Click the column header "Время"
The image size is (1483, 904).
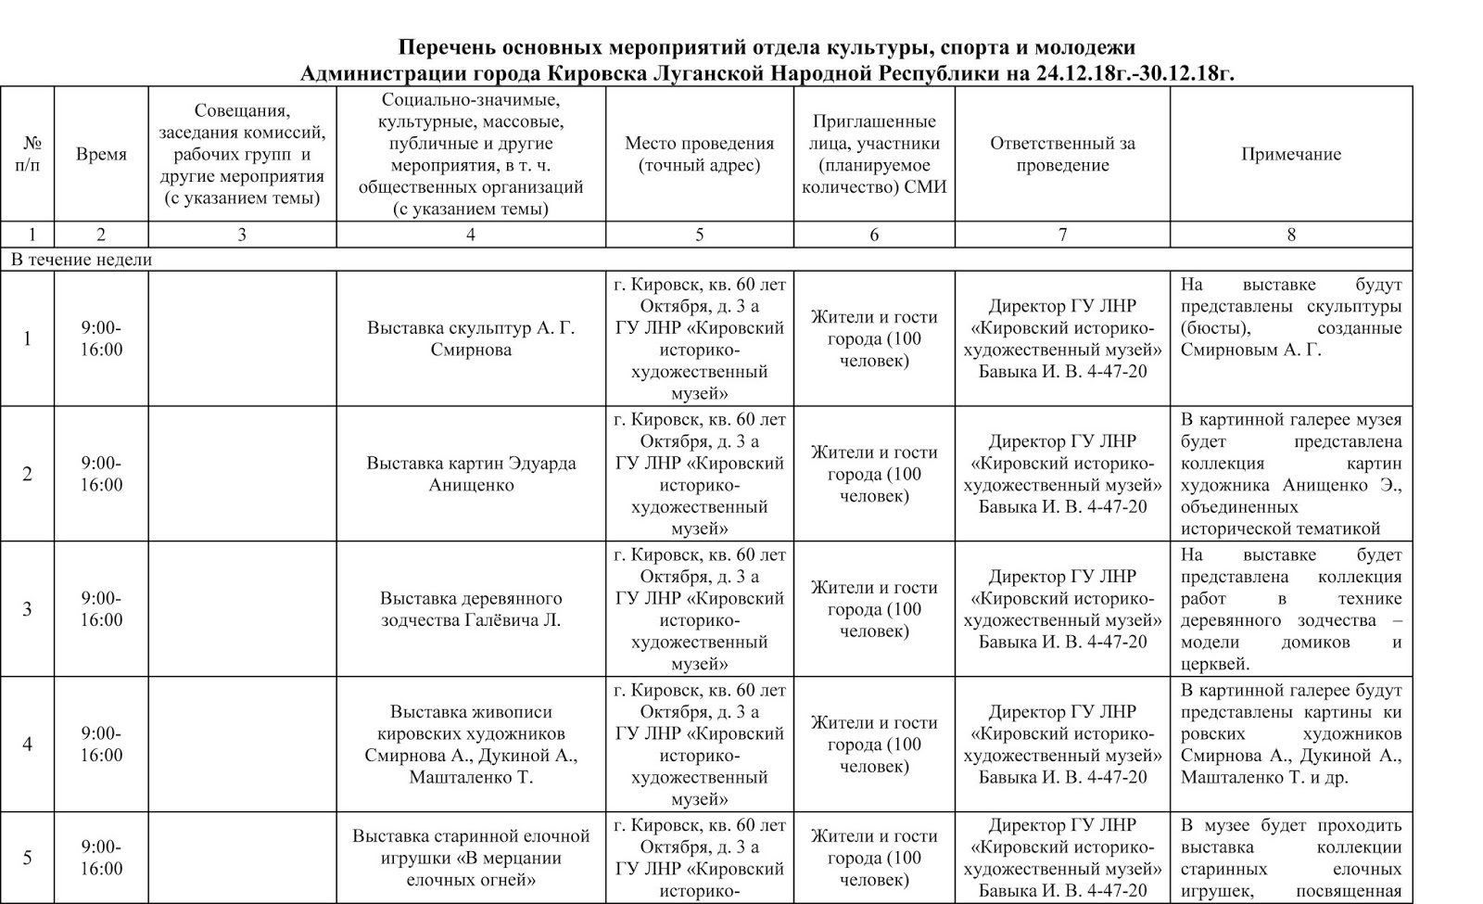(101, 155)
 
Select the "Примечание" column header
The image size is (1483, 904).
(1290, 155)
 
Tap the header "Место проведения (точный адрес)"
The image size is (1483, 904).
(699, 155)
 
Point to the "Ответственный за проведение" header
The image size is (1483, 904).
(1062, 155)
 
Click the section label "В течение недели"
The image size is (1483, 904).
(82, 260)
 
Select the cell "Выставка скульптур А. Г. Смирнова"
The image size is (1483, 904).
(471, 338)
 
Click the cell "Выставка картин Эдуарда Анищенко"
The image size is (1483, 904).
(471, 474)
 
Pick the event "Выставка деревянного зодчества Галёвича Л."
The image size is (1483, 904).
(471, 609)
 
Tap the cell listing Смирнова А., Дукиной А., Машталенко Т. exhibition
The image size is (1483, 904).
(471, 745)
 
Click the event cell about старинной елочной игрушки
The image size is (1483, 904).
(471, 858)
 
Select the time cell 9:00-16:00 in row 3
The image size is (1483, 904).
(101, 609)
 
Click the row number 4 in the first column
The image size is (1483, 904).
(28, 745)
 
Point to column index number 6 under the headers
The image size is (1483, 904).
(874, 235)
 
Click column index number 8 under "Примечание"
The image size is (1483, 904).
(1290, 235)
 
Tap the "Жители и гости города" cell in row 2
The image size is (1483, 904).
(874, 474)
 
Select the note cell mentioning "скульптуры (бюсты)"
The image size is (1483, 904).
(1290, 317)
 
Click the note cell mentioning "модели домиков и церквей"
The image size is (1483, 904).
(1290, 609)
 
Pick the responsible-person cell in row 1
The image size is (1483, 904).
(1062, 338)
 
